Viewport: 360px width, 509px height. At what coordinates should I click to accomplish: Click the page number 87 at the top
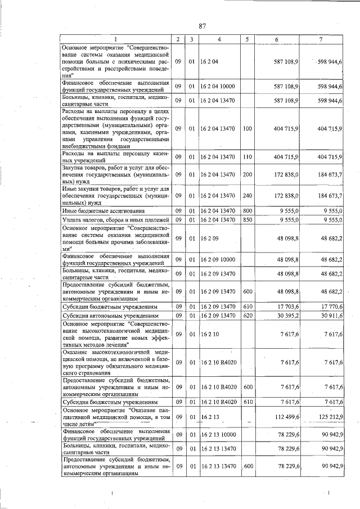[x=204, y=25]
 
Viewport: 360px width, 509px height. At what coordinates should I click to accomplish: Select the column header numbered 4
[x=219, y=39]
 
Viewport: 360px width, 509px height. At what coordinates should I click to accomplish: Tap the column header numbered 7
[x=320, y=39]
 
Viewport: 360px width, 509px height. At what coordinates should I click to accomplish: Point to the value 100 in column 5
[x=247, y=129]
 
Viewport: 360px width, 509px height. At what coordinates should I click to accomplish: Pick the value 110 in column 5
[x=247, y=156]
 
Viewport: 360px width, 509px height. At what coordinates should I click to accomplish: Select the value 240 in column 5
[x=247, y=196]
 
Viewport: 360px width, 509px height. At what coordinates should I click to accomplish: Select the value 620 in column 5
[x=247, y=316]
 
